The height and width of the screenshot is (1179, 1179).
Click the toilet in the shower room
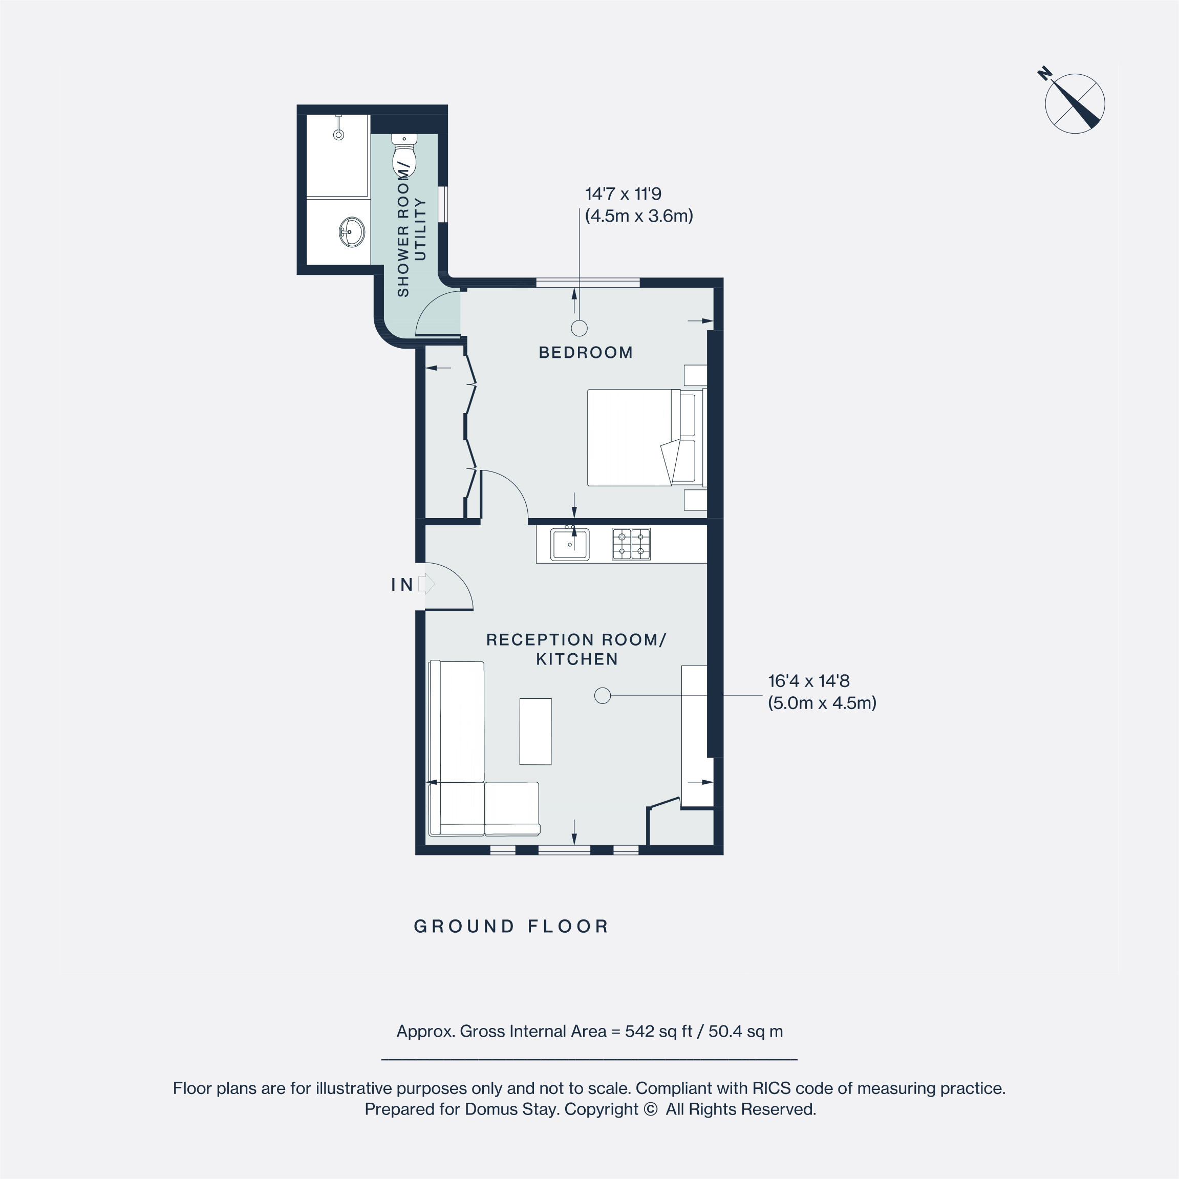click(404, 155)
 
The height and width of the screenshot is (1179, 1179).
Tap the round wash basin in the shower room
click(352, 232)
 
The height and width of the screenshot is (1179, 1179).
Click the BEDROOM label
click(586, 352)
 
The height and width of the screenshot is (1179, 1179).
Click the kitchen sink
click(570, 544)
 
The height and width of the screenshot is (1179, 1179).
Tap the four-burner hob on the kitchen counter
click(631, 544)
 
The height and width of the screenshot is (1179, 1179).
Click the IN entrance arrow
click(426, 584)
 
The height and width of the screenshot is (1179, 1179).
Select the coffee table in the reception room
click(535, 731)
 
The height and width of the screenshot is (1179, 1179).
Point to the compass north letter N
click(1045, 73)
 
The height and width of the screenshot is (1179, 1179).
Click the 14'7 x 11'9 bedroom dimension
click(623, 194)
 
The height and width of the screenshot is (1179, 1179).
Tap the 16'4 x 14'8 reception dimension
click(808, 680)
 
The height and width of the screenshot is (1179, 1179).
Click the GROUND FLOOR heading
click(511, 927)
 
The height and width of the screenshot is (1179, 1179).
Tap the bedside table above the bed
click(695, 375)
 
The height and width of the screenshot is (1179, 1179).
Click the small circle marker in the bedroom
click(579, 328)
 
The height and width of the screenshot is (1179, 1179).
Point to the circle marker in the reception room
click(603, 696)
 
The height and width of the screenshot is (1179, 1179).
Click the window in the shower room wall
click(443, 204)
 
